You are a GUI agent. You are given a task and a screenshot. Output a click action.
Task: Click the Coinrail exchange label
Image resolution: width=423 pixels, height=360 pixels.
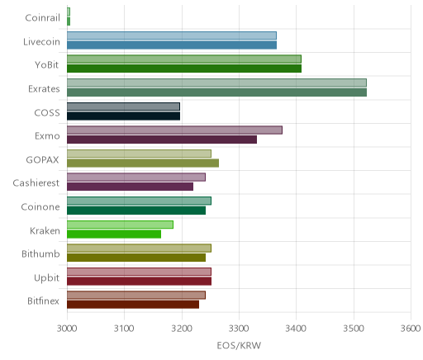pyautogui.click(x=42, y=17)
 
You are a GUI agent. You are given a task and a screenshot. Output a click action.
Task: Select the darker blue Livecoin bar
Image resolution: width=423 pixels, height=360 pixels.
pyautogui.click(x=172, y=45)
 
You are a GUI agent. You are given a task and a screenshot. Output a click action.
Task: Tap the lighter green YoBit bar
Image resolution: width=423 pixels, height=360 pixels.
pyautogui.click(x=184, y=59)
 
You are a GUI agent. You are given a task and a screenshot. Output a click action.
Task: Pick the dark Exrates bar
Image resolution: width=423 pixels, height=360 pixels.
pyautogui.click(x=216, y=92)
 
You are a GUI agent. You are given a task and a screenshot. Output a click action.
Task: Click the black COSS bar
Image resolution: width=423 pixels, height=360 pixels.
pyautogui.click(x=123, y=116)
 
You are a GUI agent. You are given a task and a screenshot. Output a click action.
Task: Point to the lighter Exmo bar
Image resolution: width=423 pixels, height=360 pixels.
pyautogui.click(x=174, y=130)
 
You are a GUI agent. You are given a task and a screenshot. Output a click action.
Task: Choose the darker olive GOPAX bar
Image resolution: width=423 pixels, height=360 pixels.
pyautogui.click(x=143, y=163)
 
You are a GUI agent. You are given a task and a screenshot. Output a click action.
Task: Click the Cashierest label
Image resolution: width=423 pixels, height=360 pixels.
pyautogui.click(x=36, y=182)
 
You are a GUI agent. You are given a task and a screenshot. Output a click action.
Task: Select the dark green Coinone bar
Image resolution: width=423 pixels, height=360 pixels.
pyautogui.click(x=136, y=211)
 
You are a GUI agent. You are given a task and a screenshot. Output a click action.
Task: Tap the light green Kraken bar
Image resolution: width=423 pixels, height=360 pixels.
pyautogui.click(x=120, y=225)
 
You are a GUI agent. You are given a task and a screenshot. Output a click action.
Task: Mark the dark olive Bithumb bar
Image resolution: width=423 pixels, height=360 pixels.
pyautogui.click(x=136, y=258)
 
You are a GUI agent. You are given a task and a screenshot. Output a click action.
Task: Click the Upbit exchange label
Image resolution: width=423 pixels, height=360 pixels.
pyautogui.click(x=46, y=277)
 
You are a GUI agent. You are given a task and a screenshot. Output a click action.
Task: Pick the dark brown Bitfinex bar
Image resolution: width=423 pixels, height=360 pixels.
pyautogui.click(x=133, y=305)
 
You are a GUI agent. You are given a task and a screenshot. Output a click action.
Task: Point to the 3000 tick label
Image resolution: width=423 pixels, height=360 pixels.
pyautogui.click(x=67, y=329)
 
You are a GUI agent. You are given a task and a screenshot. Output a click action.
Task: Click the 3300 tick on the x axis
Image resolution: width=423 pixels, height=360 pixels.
pyautogui.click(x=239, y=329)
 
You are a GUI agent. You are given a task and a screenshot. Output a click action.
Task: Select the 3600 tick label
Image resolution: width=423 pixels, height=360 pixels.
pyautogui.click(x=411, y=329)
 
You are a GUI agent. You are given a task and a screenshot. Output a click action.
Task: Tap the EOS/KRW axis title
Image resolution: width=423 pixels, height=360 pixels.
pyautogui.click(x=239, y=346)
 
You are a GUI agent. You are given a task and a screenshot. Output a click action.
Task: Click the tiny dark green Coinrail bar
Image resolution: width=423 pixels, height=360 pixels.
pyautogui.click(x=69, y=21)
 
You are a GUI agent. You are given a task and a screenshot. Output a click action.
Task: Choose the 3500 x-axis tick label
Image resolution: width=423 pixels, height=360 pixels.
pyautogui.click(x=354, y=329)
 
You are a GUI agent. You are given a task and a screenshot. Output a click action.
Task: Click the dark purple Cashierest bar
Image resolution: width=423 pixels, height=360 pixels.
pyautogui.click(x=130, y=187)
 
